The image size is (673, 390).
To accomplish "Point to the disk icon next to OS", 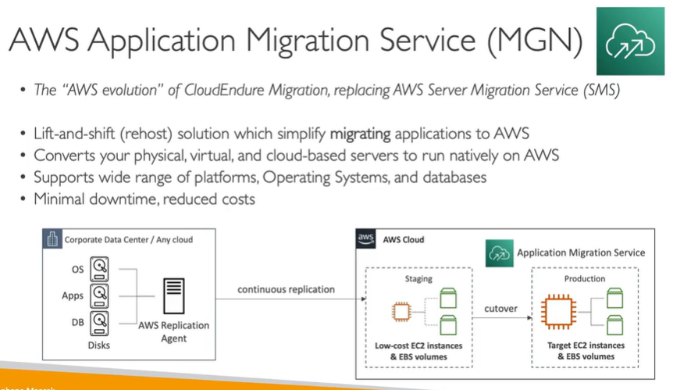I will point(100,270).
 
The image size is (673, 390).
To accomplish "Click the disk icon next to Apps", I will point(100,295).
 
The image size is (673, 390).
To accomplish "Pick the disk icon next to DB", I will point(100,320).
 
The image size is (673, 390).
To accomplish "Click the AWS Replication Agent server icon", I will point(173,296).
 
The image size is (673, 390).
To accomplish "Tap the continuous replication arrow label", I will point(286,289).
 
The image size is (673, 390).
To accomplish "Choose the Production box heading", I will point(584,278).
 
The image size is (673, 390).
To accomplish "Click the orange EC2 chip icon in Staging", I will point(401,312).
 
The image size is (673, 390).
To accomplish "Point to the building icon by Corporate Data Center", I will point(52,240).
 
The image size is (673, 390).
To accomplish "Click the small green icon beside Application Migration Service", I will point(498,252).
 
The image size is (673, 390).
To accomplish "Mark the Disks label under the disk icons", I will point(99,345).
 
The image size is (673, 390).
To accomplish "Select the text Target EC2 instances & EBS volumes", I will point(585,350).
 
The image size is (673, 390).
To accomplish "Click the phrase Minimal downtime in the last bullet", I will point(77,199).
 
